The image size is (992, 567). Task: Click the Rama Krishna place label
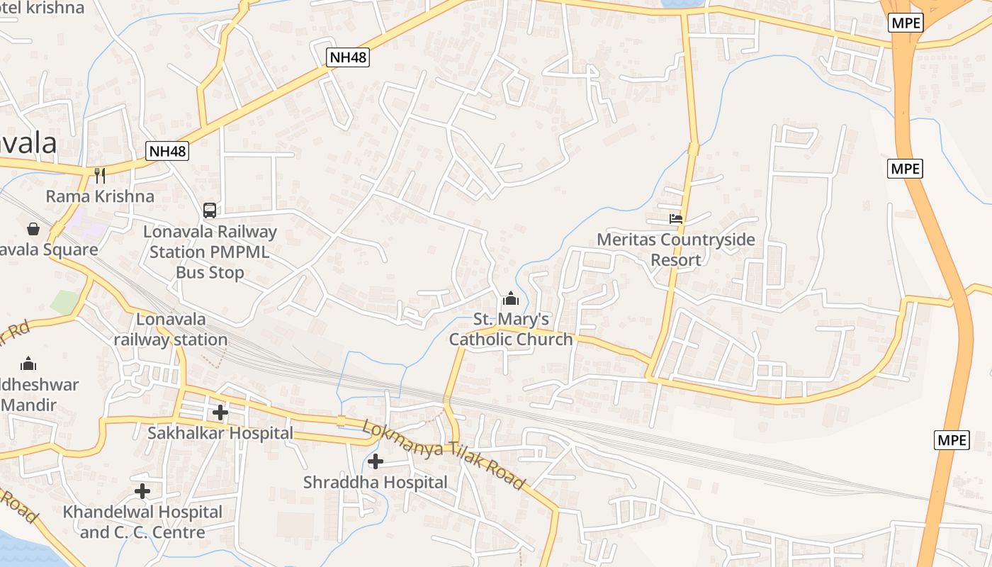100,196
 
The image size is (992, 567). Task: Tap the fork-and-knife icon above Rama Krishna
100,175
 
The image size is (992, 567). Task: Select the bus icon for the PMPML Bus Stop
210,210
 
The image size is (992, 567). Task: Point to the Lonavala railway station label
171,330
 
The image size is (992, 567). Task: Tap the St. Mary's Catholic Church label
511,330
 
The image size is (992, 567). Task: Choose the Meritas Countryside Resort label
676,249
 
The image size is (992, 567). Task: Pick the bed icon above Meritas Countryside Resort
676,219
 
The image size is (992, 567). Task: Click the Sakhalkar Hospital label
220,433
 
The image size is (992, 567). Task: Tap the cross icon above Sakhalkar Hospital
220,412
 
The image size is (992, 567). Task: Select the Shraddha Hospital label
376,483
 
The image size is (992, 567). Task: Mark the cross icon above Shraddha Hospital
376,461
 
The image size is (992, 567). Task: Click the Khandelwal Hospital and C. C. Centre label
142,522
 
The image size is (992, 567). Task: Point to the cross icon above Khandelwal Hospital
142,490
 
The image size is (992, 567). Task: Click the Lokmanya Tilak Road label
444,455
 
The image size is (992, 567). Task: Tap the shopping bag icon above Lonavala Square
33,228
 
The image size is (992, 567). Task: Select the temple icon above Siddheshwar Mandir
28,364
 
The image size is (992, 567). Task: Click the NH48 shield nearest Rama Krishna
168,151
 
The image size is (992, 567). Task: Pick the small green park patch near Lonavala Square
64,302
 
